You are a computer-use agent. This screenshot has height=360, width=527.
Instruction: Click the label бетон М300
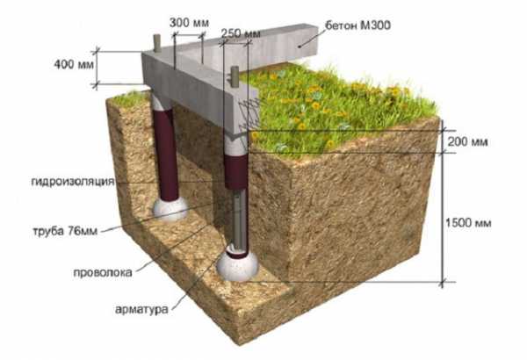coord(357,25)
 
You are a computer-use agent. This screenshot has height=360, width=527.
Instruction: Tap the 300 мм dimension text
coord(189,23)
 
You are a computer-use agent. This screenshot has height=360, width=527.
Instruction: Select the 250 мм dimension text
coord(241,33)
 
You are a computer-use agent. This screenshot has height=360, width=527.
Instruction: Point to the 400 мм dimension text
coord(74,64)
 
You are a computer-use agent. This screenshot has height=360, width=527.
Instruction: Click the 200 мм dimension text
coord(467,142)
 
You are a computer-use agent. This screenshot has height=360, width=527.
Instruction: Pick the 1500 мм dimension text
coord(468,223)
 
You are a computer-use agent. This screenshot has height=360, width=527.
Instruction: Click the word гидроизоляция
coord(73,182)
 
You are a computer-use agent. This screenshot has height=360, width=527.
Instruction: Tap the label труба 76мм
coord(65,231)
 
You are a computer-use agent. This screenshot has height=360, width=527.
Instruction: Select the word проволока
coord(103,272)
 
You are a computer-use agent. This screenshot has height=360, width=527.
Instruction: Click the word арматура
coord(141,309)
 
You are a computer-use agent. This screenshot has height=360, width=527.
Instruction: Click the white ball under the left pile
coord(170,209)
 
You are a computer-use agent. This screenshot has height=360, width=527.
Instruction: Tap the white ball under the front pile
coord(237,266)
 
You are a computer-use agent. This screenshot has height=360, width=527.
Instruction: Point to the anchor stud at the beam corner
coord(156,43)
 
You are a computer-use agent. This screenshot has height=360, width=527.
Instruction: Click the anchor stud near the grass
coord(235,77)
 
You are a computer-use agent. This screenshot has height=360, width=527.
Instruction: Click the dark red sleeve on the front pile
coord(236,171)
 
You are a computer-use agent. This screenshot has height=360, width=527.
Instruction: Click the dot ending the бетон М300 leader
coord(300,47)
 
